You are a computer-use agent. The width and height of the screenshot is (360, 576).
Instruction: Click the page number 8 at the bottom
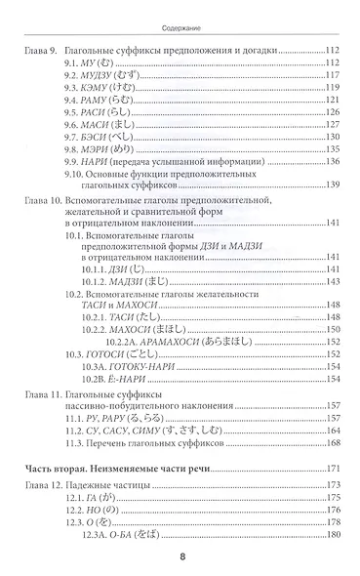(x=180, y=557)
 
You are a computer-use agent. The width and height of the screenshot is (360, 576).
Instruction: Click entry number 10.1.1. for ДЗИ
(x=125, y=267)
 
